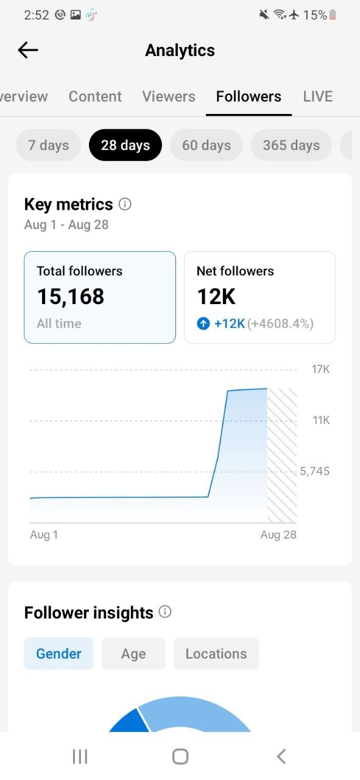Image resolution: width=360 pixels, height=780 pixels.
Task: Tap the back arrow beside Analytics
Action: point(28,50)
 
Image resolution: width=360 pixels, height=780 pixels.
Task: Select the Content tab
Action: point(95,96)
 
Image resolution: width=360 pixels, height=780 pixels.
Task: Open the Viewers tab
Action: point(169,96)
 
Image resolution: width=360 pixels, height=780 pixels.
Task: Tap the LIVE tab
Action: point(318,96)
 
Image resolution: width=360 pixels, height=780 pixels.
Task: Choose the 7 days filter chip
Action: point(48,145)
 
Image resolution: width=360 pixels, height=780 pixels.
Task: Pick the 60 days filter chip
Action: point(206,145)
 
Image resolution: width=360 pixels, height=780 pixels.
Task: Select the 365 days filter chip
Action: point(291,145)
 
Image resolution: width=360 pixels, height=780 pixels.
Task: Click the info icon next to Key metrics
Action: point(125,204)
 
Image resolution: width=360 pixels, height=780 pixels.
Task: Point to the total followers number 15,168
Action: point(71,297)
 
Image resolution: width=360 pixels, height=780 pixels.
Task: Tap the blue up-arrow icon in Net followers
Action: point(203,324)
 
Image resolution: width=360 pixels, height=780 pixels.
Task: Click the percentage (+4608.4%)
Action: point(280,324)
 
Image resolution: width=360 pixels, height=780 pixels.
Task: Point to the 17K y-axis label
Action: point(320,369)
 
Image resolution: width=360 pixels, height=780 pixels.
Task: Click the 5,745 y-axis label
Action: point(315,471)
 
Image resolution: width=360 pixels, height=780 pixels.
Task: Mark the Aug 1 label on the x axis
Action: point(44,534)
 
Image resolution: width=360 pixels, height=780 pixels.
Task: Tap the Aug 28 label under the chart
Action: point(278,534)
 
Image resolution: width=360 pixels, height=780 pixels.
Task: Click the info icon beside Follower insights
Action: point(165,612)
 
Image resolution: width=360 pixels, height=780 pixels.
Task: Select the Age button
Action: point(133,654)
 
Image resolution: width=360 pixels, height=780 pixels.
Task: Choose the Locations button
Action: point(216,654)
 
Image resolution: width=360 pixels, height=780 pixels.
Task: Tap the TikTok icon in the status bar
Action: point(91,15)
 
